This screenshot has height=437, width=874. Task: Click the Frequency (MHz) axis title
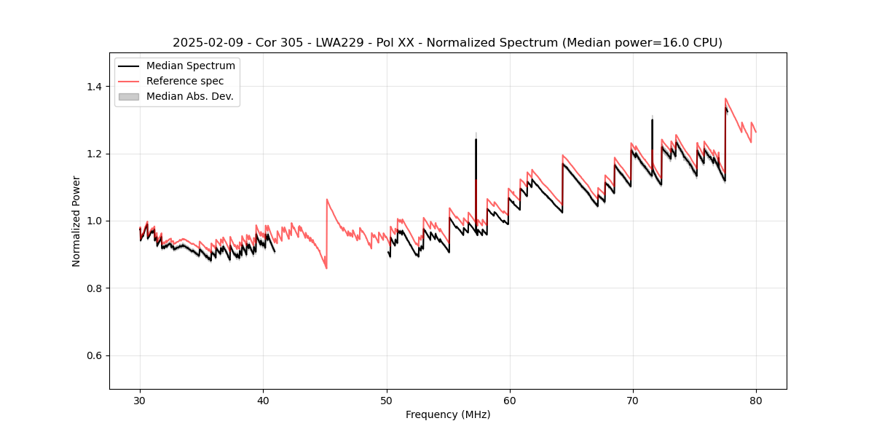pyautogui.click(x=448, y=414)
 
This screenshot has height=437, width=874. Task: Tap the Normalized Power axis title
pyautogui.click(x=76, y=221)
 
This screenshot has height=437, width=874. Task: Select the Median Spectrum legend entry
pyautogui.click(x=190, y=66)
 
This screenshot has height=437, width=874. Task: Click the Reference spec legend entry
pyautogui.click(x=185, y=81)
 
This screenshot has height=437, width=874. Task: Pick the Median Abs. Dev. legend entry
pyautogui.click(x=189, y=96)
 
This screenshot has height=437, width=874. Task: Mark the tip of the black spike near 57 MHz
pyautogui.click(x=476, y=139)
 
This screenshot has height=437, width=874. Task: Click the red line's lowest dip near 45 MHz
pyautogui.click(x=326, y=268)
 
